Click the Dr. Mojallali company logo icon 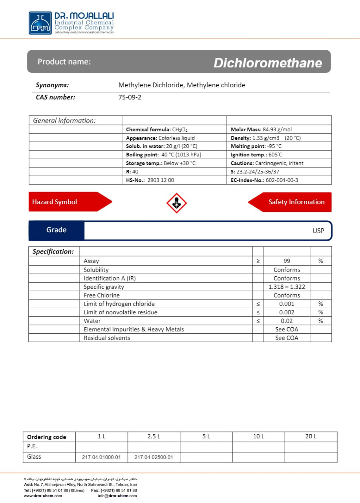pos(40,23)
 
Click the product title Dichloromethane pos(267,63)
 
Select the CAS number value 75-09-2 pos(130,97)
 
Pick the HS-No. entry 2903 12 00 pos(160,180)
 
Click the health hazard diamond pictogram pos(177,203)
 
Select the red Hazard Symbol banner pos(67,202)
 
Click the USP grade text pos(318,231)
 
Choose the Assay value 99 pos(287,261)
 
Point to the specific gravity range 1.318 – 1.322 pos(287,287)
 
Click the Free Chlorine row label pos(102,295)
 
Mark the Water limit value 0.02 pos(287,321)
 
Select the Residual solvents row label pos(107,338)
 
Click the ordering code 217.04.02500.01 pos(154,457)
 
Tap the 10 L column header pos(258,437)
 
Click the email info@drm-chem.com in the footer pos(117,496)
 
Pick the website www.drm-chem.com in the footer pos(43,496)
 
